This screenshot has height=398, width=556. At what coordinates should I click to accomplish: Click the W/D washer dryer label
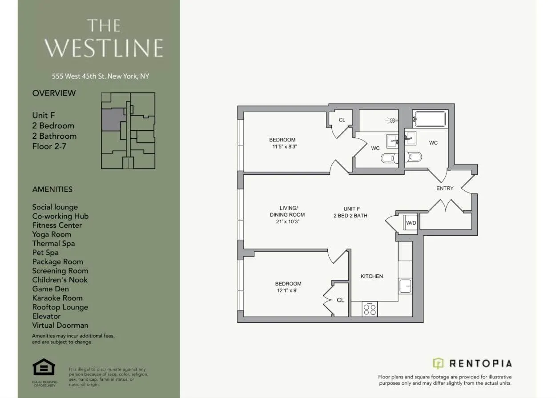coord(411,222)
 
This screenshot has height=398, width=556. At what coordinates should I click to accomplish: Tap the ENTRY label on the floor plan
coord(444,188)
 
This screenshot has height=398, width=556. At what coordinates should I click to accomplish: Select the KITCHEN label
coord(371,276)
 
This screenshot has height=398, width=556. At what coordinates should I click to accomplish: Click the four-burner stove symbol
coord(370,309)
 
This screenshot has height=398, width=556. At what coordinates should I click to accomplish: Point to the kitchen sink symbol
coord(405,286)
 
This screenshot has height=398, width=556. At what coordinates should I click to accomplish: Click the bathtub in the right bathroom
coord(430,119)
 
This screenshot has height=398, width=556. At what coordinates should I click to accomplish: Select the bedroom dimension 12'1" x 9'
coord(288,291)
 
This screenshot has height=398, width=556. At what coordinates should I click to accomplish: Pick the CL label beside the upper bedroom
coord(342,120)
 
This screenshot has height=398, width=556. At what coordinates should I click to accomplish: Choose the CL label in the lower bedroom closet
coord(340,300)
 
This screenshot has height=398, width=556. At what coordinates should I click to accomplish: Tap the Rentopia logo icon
coord(439,363)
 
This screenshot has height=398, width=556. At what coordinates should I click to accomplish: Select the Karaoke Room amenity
coord(57,298)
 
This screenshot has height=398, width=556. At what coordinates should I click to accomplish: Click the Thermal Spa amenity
coord(53,243)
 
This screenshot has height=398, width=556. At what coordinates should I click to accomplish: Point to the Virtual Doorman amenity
coord(60,325)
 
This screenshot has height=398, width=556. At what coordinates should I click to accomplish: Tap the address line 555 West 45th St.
coord(100,76)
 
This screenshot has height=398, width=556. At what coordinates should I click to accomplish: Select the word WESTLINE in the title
coord(104,48)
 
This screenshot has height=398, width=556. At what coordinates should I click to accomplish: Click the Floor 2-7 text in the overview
coord(49,146)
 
